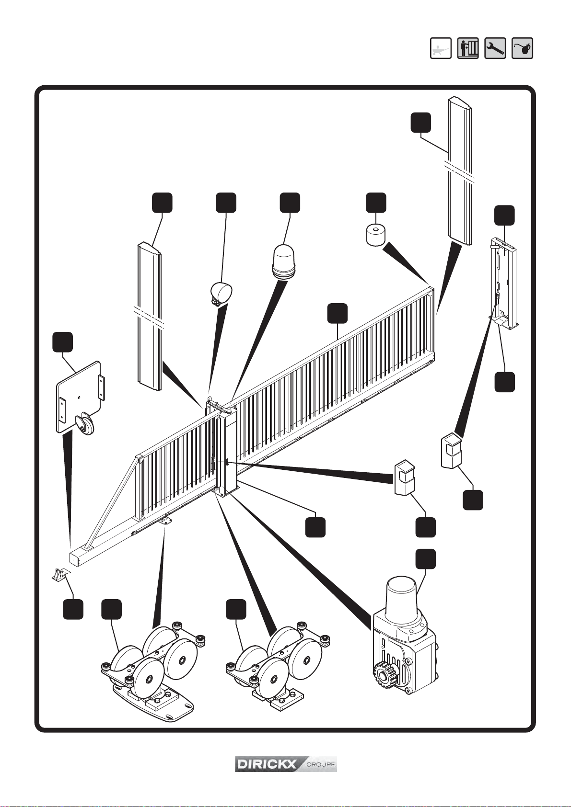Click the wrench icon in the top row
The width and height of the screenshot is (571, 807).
[495, 48]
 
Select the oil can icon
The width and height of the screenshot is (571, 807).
[522, 48]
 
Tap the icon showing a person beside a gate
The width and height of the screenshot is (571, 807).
[467, 48]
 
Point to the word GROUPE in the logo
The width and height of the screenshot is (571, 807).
[320, 764]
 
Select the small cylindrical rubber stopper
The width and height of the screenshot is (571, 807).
[376, 235]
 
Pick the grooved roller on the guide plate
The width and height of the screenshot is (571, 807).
[86, 424]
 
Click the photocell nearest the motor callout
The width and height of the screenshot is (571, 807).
[405, 477]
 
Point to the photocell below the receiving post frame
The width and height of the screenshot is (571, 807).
[451, 450]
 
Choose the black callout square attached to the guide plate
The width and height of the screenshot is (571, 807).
[62, 342]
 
